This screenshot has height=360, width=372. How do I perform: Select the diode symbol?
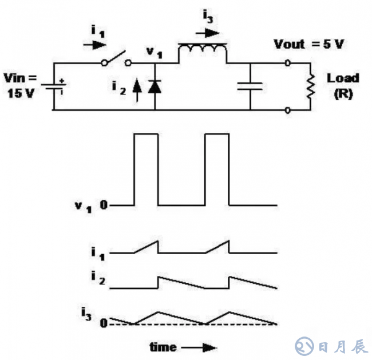click(x=154, y=86)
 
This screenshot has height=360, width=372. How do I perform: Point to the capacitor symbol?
click(x=250, y=86)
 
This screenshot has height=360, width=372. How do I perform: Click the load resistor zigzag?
click(x=312, y=86)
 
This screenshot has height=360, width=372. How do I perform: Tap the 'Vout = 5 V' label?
click(x=308, y=45)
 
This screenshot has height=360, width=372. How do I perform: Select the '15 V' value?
click(x=20, y=93)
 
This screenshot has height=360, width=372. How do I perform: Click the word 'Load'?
click(x=343, y=78)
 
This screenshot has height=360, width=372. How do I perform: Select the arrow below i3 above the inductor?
click(x=211, y=32)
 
